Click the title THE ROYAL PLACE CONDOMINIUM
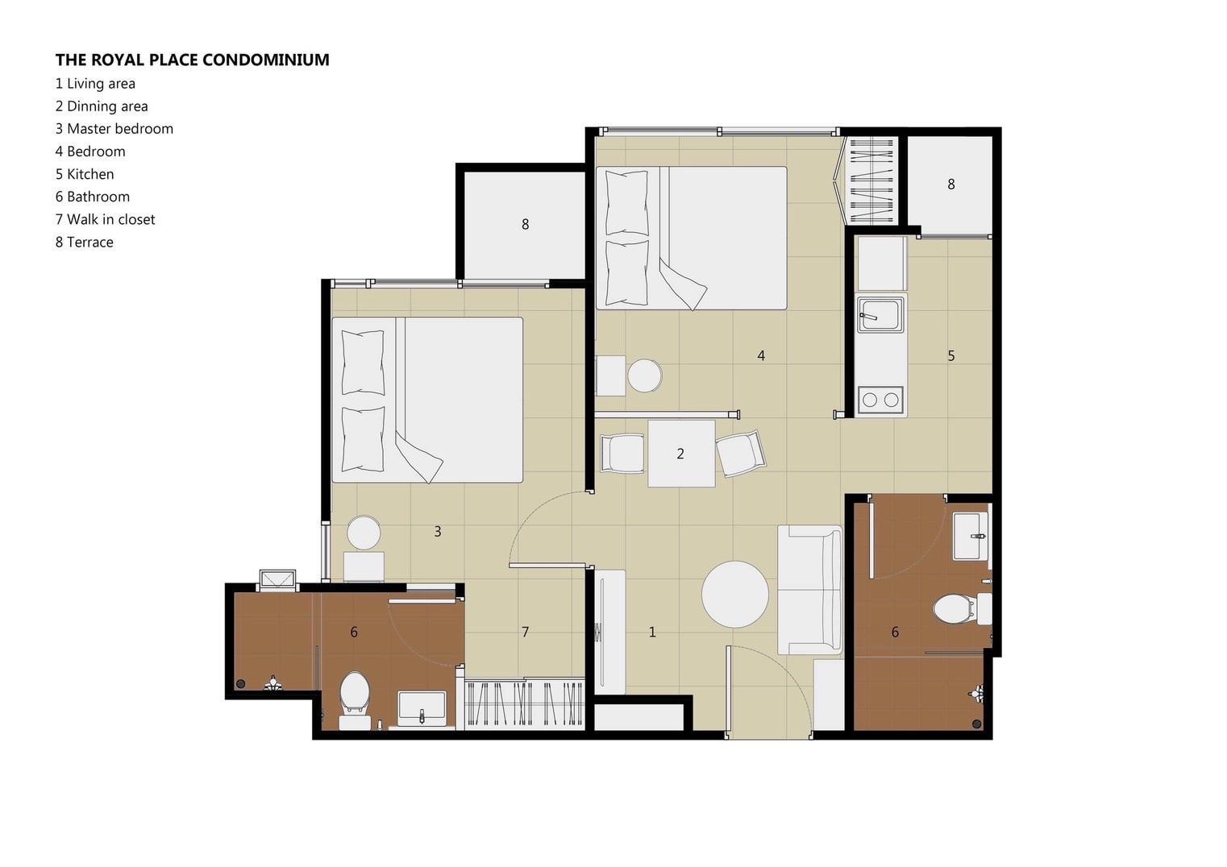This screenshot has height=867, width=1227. click(192, 60)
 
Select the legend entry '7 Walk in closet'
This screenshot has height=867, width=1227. click(105, 219)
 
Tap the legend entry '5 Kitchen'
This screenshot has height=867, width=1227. click(85, 174)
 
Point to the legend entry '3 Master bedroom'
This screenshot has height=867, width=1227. click(114, 129)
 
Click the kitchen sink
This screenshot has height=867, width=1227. click(880, 313)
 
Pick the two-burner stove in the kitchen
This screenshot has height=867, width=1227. click(880, 400)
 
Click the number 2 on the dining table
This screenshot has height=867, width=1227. click(680, 454)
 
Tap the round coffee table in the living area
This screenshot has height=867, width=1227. click(734, 595)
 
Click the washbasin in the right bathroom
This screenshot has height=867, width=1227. click(970, 535)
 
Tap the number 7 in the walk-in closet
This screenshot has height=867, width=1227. click(525, 633)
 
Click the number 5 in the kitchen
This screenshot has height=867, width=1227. click(951, 356)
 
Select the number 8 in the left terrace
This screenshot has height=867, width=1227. click(526, 225)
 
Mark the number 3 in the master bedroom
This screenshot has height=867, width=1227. click(438, 532)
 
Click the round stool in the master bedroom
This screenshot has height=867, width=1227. click(364, 533)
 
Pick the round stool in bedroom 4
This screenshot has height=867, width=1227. click(645, 375)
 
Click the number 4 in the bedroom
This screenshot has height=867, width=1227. click(761, 356)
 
